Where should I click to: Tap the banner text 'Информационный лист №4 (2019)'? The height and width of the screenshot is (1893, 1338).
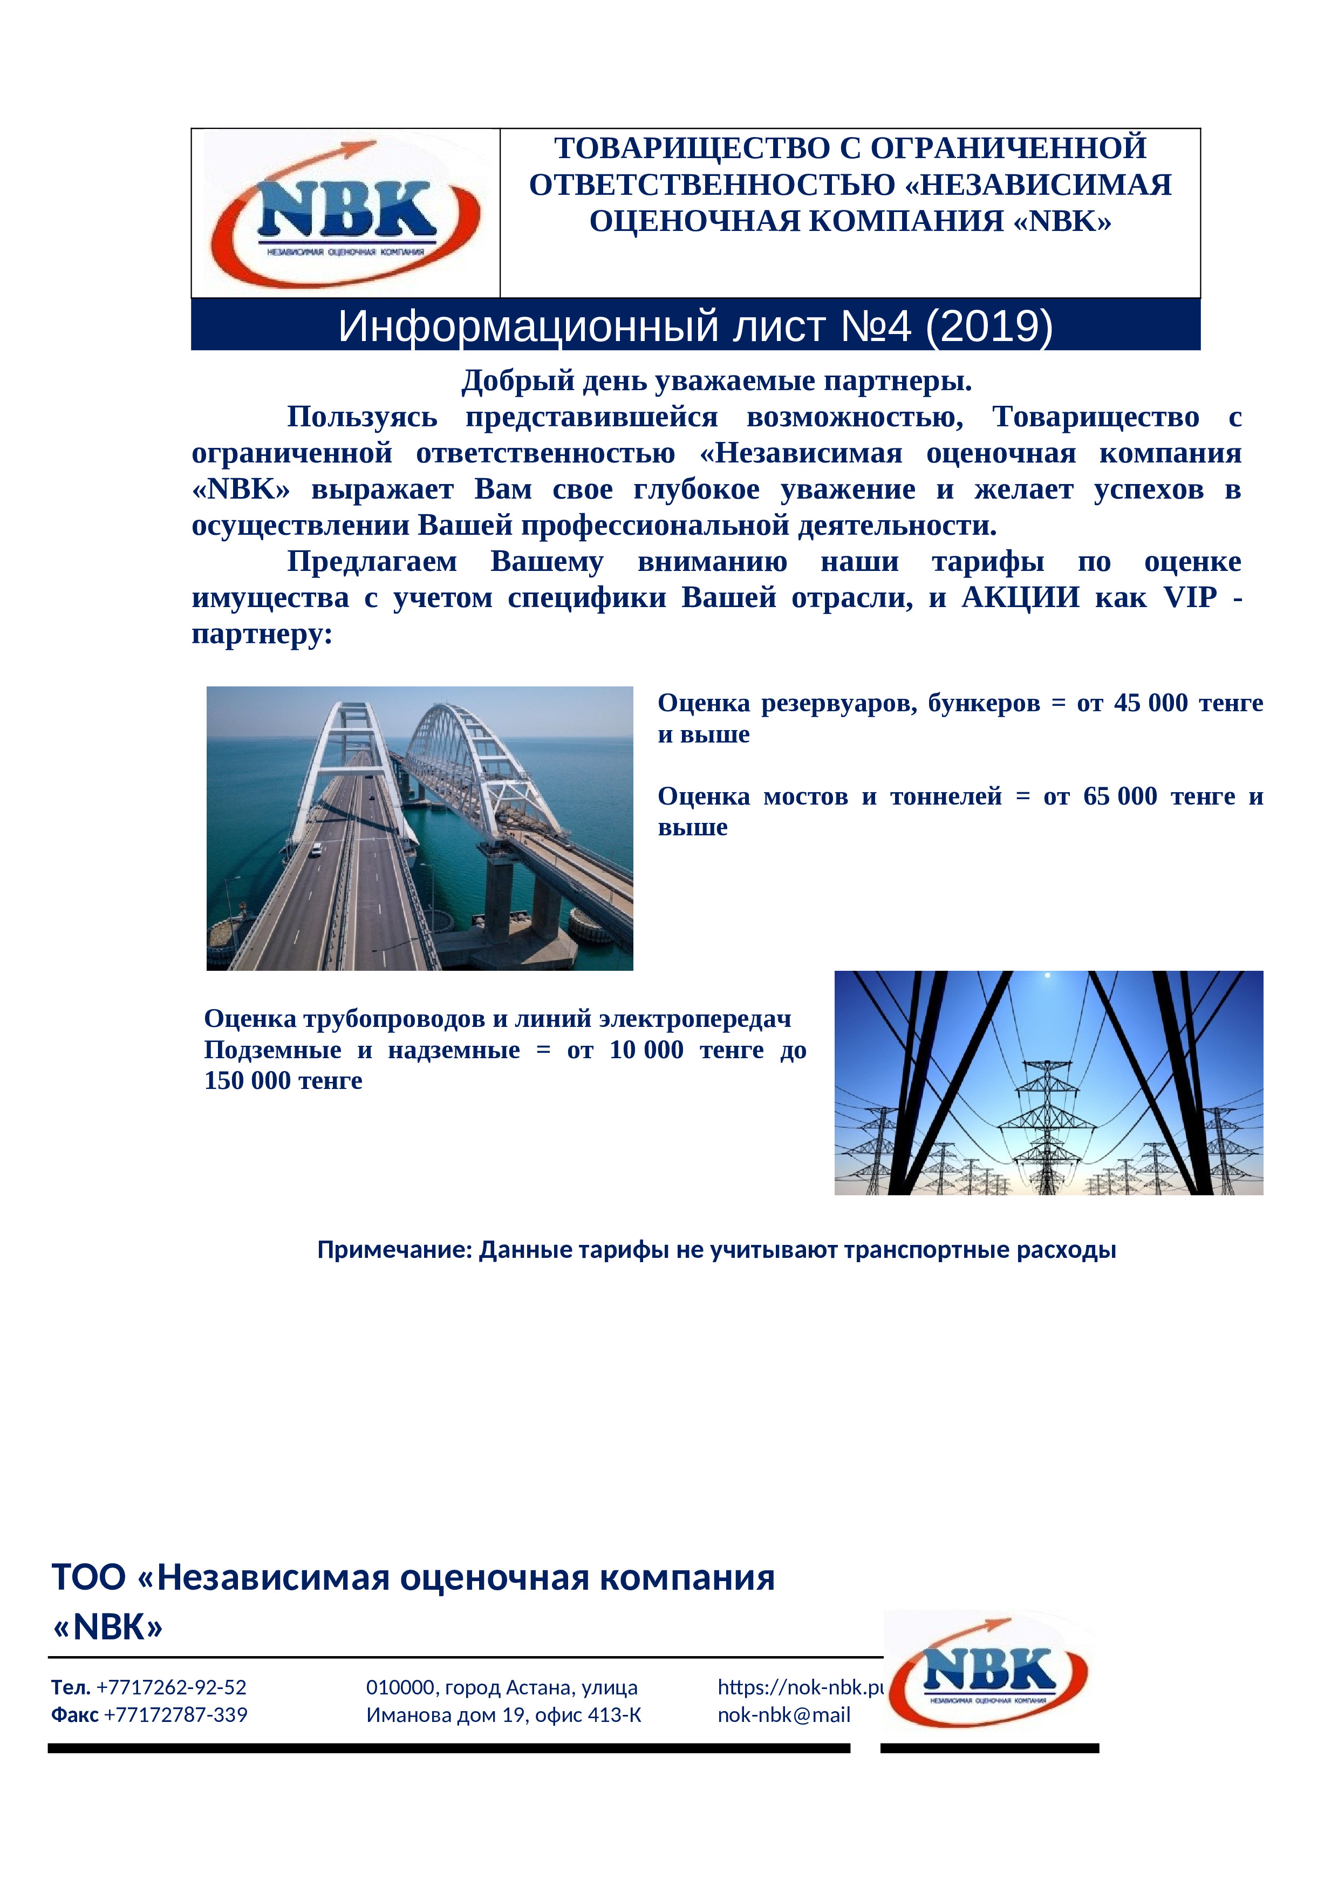point(695,326)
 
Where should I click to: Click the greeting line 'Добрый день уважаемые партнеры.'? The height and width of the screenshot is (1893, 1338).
point(716,381)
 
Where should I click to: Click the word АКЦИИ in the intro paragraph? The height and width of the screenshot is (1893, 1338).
point(1020,597)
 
